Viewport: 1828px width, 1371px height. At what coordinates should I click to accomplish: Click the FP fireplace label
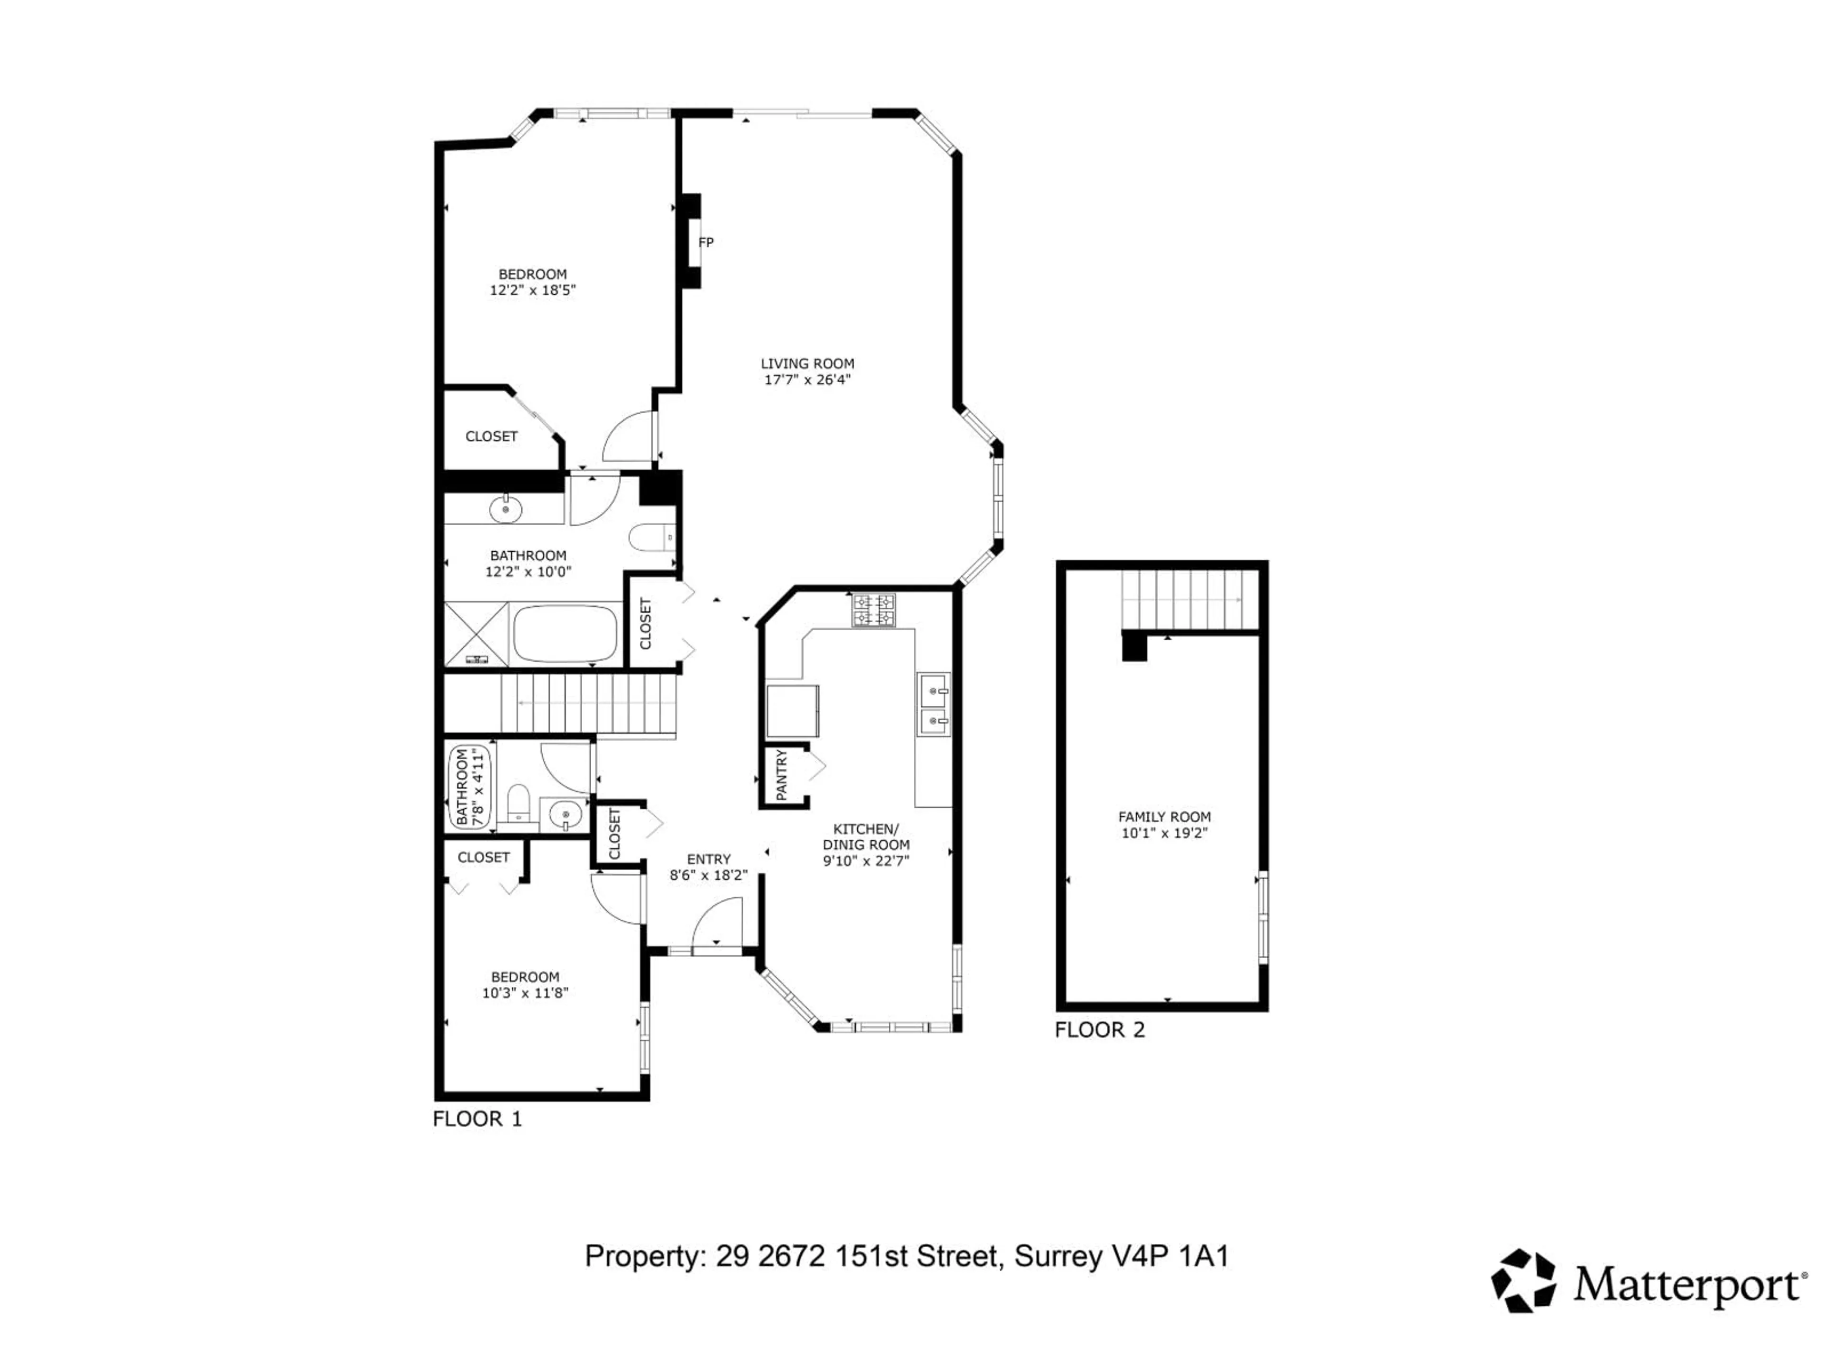(x=706, y=242)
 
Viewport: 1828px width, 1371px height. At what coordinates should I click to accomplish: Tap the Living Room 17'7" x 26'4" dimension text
(x=807, y=380)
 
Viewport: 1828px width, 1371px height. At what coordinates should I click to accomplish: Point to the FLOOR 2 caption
(x=1100, y=1030)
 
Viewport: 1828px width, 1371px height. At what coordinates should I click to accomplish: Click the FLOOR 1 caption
(x=477, y=1119)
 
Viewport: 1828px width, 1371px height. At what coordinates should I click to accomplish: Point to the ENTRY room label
(x=708, y=859)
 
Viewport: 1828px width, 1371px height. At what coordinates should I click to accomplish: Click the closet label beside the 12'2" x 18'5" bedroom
(x=492, y=437)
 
